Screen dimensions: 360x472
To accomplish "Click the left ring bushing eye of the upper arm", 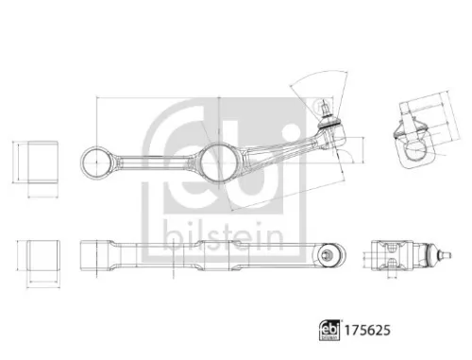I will [x=98, y=163].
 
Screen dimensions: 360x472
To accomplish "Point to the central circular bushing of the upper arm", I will [x=218, y=162].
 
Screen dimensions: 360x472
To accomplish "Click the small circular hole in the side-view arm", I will [x=328, y=253].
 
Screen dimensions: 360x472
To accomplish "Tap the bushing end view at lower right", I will [x=391, y=253].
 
